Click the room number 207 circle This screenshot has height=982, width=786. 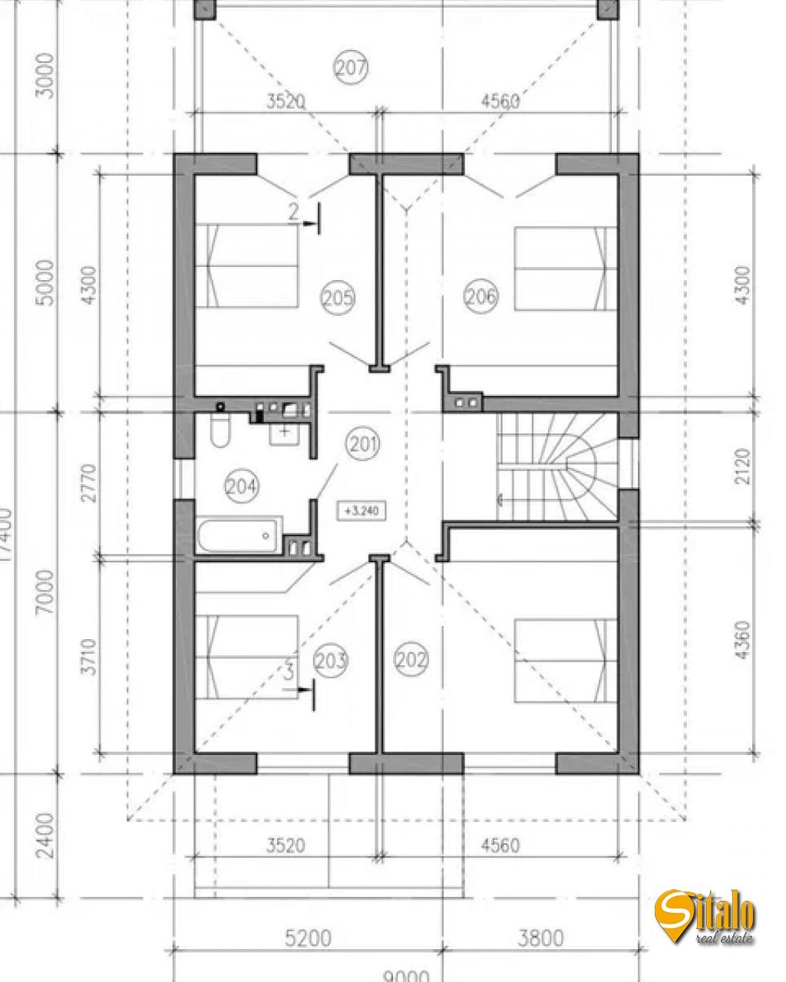coord(351,68)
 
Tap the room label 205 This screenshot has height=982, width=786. coord(338,296)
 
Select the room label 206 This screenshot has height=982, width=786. coord(481,295)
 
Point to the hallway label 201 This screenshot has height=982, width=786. coord(362,443)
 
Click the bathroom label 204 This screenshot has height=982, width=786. coord(242,485)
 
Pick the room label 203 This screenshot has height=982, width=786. coord(331,660)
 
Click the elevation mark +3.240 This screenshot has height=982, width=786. coord(362,509)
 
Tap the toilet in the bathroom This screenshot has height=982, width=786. coord(219,432)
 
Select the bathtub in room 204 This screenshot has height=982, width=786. coord(238,535)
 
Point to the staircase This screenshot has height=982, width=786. coord(556,466)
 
